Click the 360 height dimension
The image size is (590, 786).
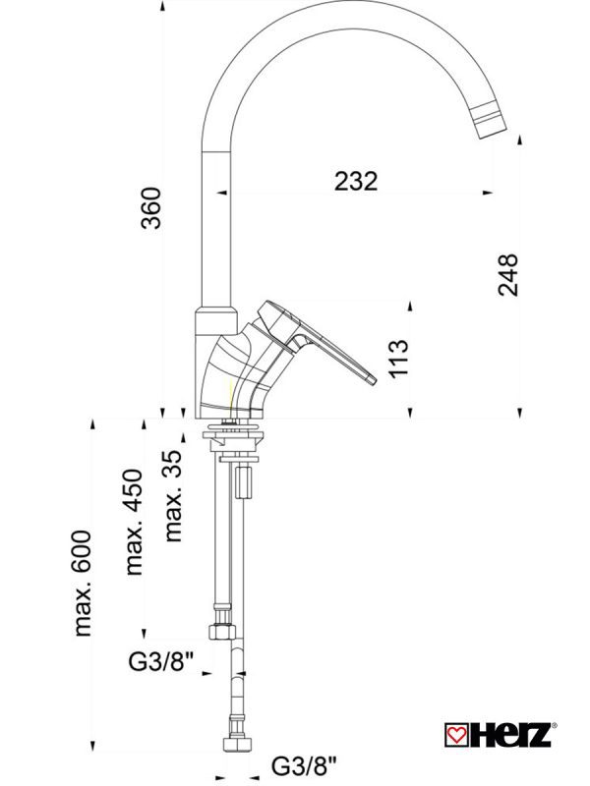tap(151, 206)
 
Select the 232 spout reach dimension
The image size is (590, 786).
tap(356, 181)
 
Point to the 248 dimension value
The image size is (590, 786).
tap(507, 274)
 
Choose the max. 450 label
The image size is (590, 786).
tap(134, 521)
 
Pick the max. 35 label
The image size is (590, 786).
tap(173, 496)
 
